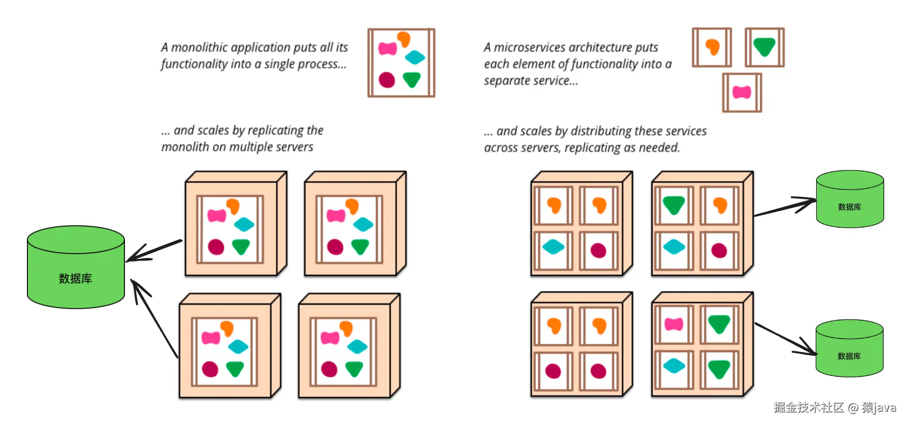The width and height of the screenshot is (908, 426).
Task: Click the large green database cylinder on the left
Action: coord(76,272)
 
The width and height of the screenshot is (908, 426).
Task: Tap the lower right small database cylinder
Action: coord(849,352)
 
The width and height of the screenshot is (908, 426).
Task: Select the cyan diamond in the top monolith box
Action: coord(415,58)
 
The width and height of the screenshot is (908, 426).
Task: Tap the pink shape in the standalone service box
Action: coord(742,92)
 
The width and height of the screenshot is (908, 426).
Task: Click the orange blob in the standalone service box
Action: coord(712,47)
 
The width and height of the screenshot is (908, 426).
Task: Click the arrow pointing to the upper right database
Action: coord(785,208)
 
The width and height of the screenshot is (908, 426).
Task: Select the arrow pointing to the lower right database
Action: coord(785,339)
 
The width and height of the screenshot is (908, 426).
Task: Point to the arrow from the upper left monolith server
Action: coord(154,250)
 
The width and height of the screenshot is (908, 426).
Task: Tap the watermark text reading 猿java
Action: coord(878,408)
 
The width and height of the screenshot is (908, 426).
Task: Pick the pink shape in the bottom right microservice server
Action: coord(674,324)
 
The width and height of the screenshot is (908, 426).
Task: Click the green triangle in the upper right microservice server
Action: coord(674,205)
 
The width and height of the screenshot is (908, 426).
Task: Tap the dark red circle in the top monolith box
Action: coord(387,80)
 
